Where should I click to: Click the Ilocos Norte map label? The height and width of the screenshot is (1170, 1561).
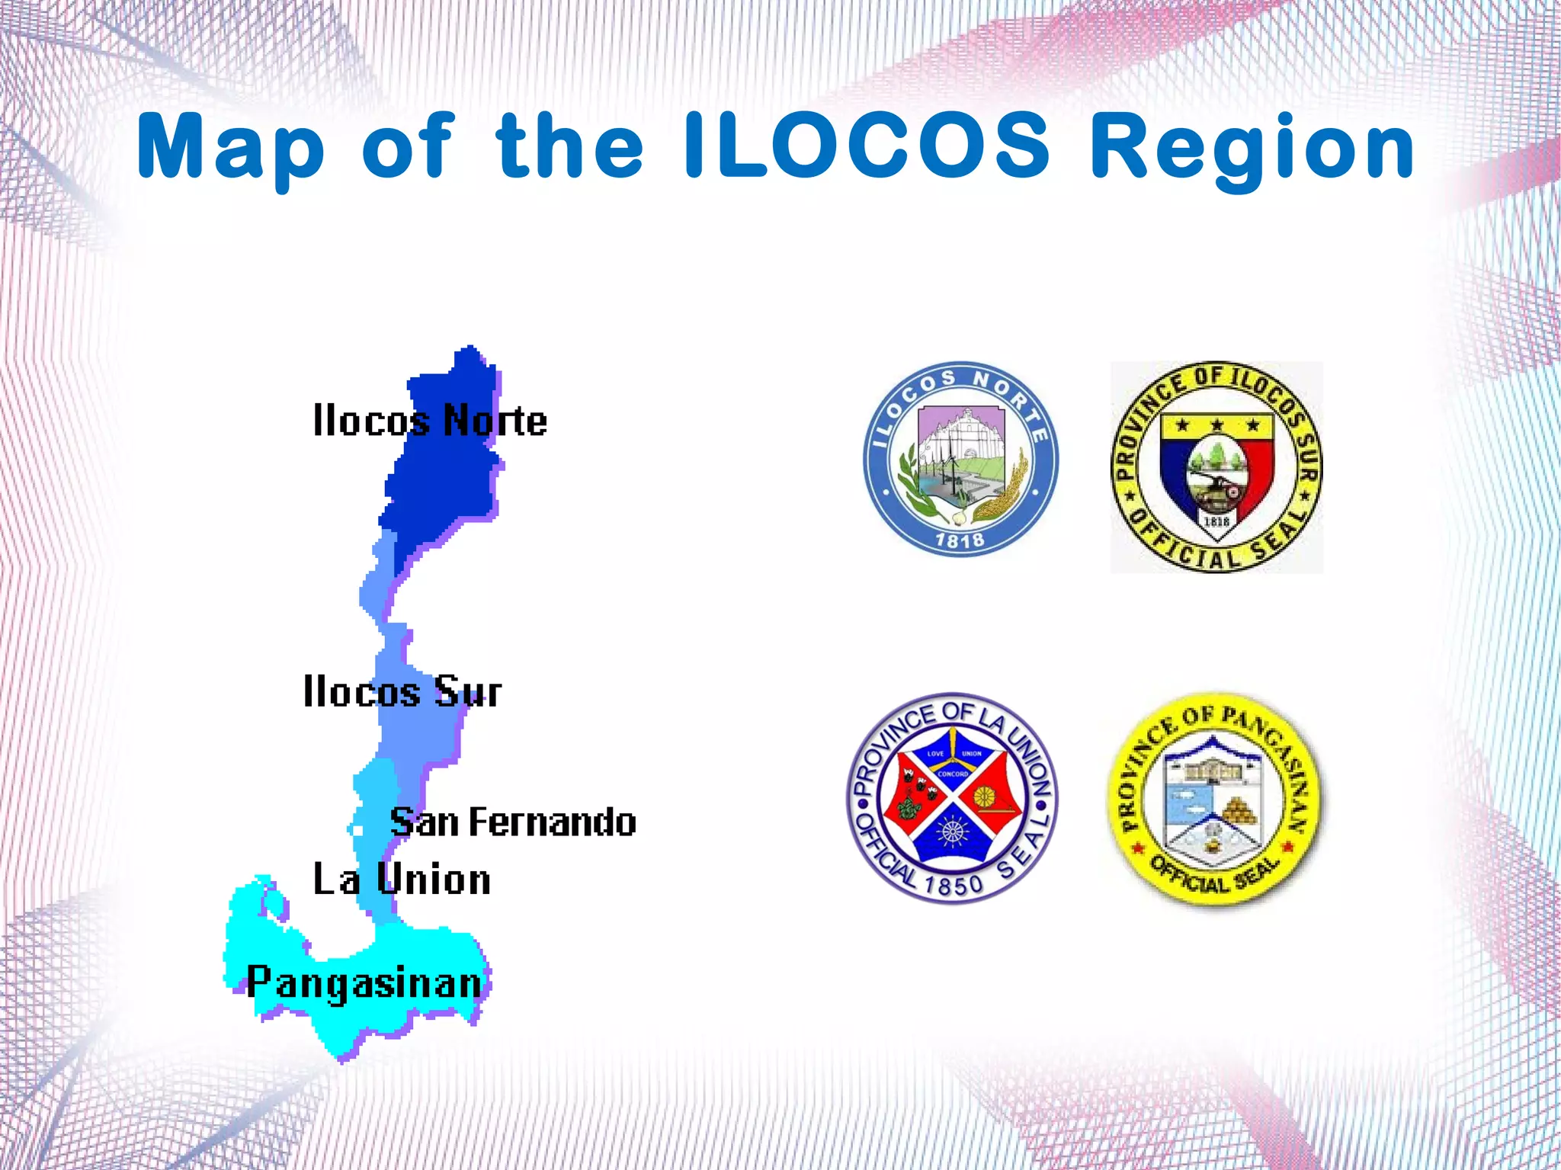pyautogui.click(x=430, y=420)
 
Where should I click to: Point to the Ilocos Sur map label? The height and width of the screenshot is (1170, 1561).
pyautogui.click(x=402, y=691)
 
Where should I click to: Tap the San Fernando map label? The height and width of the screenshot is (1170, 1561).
pyautogui.click(x=512, y=822)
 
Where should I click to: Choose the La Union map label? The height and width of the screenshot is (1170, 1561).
pyautogui.click(x=402, y=879)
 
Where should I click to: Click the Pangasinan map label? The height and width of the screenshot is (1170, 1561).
pyautogui.click(x=364, y=982)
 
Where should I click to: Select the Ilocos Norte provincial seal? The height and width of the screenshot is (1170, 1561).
pyautogui.click(x=960, y=459)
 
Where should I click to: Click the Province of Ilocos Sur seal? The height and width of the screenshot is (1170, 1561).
pyautogui.click(x=1216, y=466)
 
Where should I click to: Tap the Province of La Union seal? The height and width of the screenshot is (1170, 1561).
pyautogui.click(x=952, y=798)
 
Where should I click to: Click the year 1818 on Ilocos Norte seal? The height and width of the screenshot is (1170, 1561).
pyautogui.click(x=960, y=540)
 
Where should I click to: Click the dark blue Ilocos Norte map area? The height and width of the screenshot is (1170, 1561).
pyautogui.click(x=442, y=480)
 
